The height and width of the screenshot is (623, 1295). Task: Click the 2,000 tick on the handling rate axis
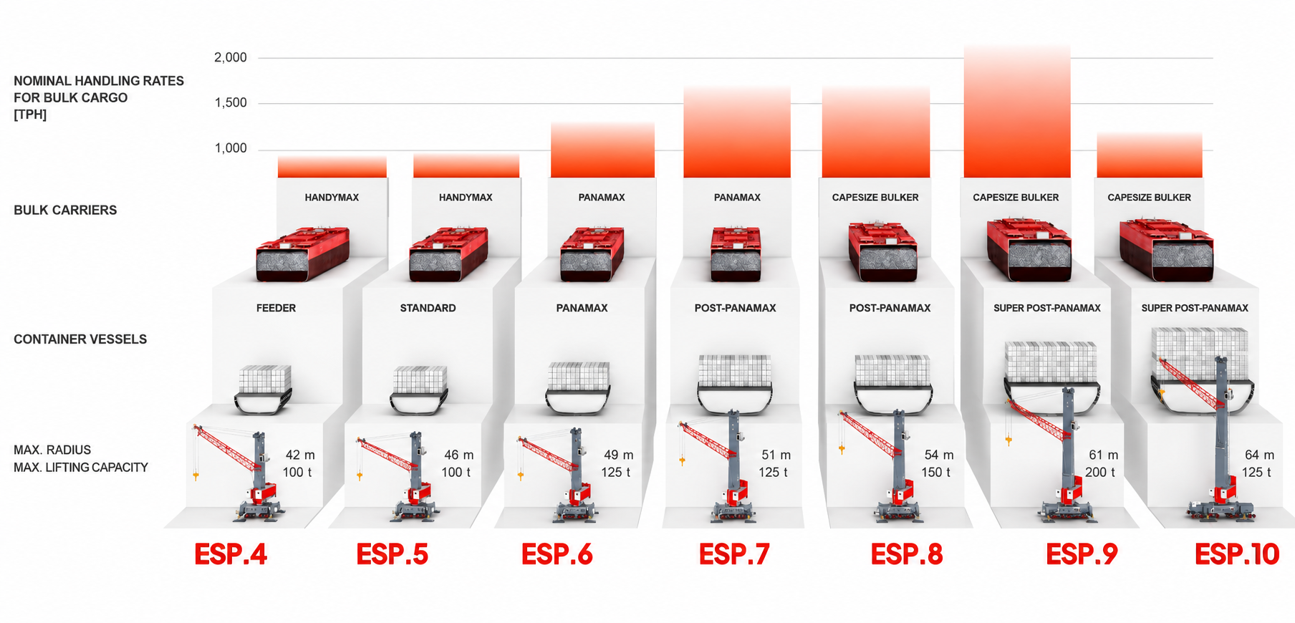pos(231,57)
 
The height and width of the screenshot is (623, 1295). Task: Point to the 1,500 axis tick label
pos(231,103)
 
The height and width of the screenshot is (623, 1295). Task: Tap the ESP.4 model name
pos(231,554)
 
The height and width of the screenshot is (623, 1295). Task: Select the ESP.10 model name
pos(1237,554)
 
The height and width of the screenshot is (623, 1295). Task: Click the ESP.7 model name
pos(734,554)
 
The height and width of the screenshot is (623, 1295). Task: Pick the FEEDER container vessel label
pos(276,308)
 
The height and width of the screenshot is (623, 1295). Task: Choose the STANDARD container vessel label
pos(428,308)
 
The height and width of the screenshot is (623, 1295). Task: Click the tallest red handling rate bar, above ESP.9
pos(1017,111)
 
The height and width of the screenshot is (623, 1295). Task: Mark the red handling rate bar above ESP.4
pos(332,167)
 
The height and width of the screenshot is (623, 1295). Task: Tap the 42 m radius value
pos(300,455)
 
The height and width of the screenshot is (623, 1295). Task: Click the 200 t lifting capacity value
pos(1100,473)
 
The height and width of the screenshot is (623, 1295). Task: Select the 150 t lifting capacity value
pos(935,473)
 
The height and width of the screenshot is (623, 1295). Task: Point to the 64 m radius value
pos(1259,455)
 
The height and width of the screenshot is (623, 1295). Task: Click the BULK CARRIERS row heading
pos(65,211)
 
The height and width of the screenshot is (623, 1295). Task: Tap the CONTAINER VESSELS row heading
pos(80,339)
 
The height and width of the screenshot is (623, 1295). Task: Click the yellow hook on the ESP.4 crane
pos(196,475)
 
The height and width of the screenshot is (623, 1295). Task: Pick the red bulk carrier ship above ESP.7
pos(736,253)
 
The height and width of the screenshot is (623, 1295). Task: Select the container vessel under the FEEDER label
pos(264,390)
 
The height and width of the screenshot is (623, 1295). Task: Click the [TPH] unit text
pos(30,115)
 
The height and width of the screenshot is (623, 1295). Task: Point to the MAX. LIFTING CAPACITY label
pos(81,468)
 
